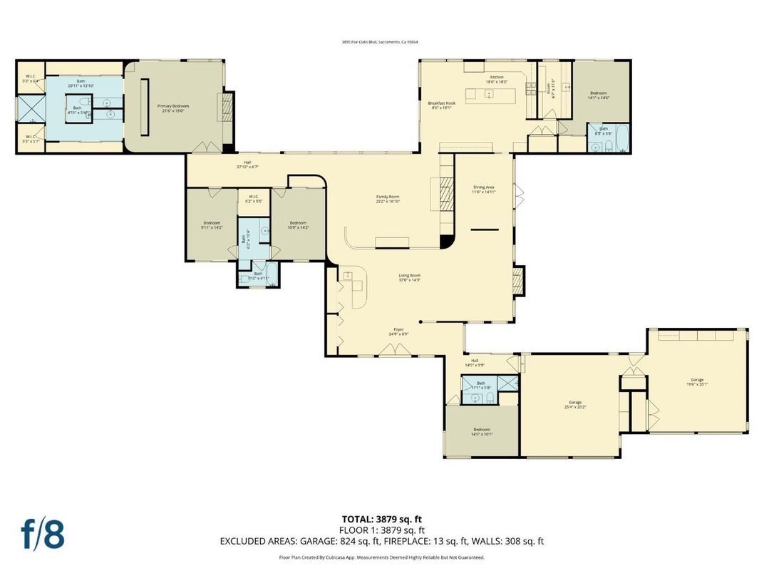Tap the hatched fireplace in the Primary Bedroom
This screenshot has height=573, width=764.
coord(228,107)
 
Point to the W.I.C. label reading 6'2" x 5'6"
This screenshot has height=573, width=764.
coord(255,200)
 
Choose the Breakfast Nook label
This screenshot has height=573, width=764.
coord(441,105)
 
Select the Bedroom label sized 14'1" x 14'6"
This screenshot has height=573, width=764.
coord(598,95)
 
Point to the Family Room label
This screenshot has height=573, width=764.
coord(388,199)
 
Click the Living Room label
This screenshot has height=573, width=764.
coord(409,277)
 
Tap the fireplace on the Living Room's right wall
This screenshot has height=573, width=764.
coord(519,281)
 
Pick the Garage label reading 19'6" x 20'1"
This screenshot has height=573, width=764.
coord(696,381)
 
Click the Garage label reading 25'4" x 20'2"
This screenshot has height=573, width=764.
coord(574,404)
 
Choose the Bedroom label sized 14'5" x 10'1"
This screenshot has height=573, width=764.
coord(482,431)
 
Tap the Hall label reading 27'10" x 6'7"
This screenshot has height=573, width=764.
coord(247,165)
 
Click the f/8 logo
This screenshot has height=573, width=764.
coord(43,533)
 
